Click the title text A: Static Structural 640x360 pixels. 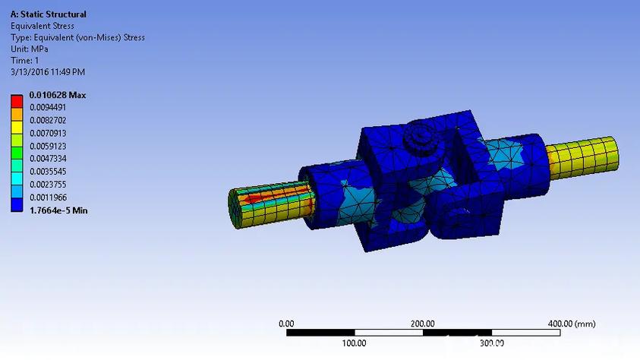pyautogui.click(x=49, y=14)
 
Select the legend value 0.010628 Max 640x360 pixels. pyautogui.click(x=58, y=95)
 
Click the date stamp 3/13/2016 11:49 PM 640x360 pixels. pyautogui.click(x=48, y=71)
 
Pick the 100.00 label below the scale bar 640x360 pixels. pyautogui.click(x=354, y=343)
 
